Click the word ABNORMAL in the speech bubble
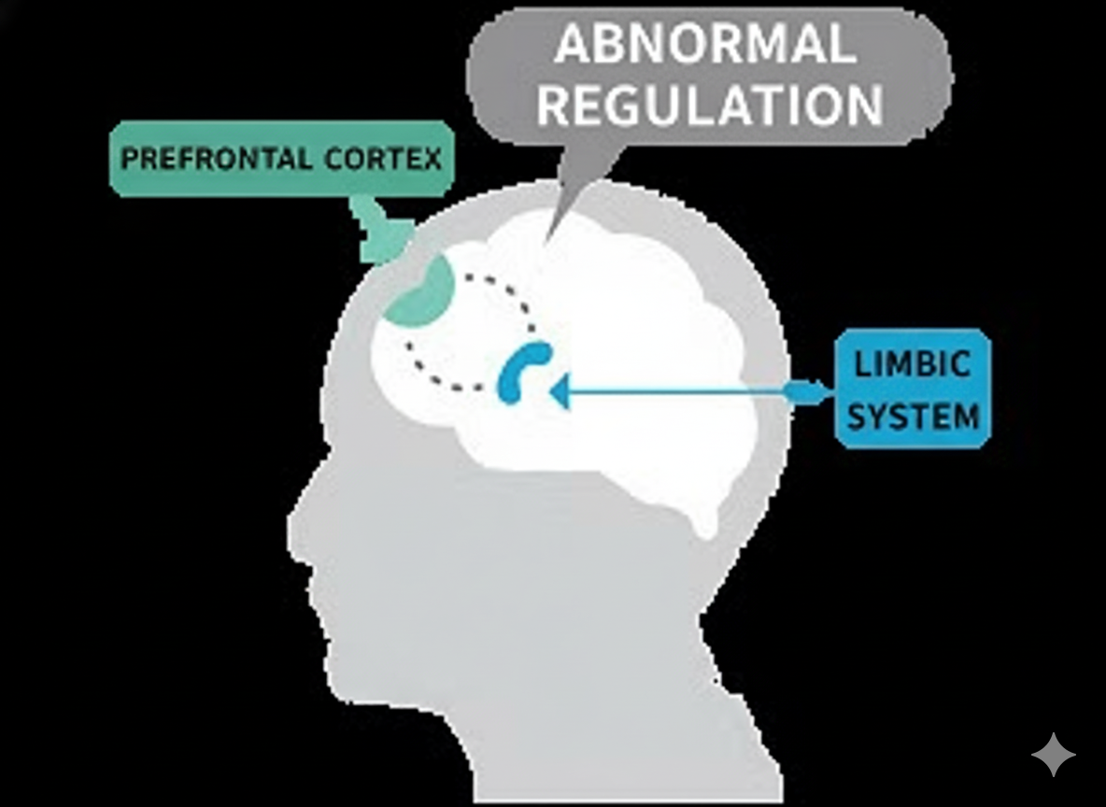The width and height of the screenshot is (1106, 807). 706,45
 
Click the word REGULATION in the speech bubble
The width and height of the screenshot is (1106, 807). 710,105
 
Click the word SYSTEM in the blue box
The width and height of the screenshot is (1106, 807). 914,416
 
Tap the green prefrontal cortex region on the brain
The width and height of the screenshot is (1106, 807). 423,292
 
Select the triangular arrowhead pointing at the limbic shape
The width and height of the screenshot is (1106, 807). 560,392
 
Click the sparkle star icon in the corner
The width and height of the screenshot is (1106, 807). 1053,754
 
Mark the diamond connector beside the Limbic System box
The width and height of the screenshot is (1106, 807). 801,392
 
